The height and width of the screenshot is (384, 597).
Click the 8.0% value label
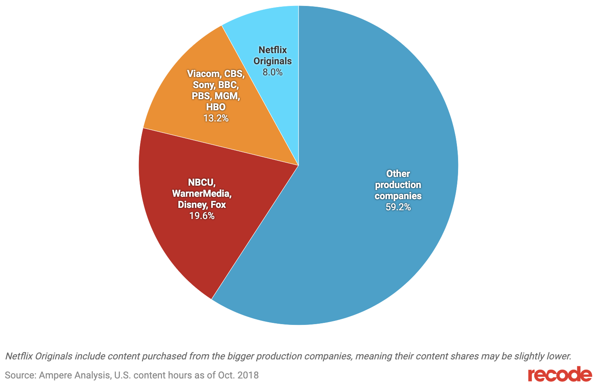(272, 72)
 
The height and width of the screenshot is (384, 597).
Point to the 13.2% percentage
(216, 118)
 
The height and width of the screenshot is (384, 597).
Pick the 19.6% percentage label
(202, 216)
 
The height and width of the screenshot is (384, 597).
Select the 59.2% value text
(398, 207)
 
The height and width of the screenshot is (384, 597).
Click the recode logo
(560, 375)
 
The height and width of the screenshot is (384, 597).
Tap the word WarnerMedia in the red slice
(202, 194)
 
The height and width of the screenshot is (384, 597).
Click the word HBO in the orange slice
(216, 107)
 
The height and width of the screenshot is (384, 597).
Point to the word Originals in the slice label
(273, 61)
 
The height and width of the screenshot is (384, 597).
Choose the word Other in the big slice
(398, 173)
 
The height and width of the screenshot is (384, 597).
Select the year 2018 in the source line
(248, 375)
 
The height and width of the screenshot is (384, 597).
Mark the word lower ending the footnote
(559, 356)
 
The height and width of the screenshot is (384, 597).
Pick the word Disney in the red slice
(191, 205)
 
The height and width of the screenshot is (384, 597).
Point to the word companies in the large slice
(398, 196)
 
